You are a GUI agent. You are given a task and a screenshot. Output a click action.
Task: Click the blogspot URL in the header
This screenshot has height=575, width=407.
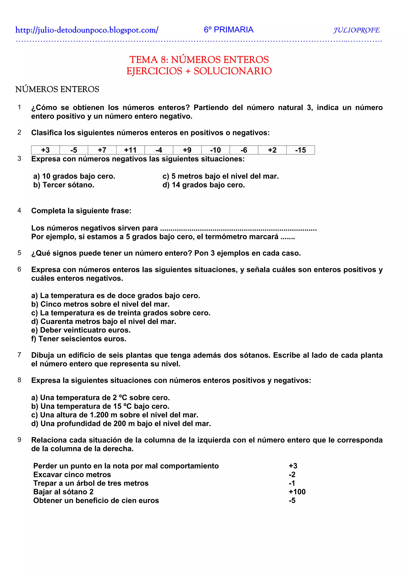[x=87, y=30]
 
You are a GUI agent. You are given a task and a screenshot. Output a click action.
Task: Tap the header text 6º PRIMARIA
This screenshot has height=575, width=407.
[x=229, y=30]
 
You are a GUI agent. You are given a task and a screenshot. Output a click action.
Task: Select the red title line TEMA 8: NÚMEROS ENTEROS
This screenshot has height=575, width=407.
[x=199, y=60]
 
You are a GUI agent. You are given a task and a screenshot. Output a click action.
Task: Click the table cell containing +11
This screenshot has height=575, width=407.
[x=130, y=150]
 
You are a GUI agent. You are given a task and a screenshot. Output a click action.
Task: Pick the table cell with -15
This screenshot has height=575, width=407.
[x=300, y=150]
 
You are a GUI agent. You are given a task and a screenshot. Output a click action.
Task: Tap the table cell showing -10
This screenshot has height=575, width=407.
[x=215, y=150]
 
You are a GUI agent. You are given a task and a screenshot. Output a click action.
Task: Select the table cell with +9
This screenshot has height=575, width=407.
[x=187, y=150]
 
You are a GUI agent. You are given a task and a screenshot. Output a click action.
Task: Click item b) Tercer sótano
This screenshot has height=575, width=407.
[x=64, y=185]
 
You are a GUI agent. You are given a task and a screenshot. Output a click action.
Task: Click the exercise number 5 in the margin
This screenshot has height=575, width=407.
[x=19, y=253]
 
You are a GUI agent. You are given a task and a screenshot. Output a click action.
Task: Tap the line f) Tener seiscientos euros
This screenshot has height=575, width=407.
[x=79, y=339]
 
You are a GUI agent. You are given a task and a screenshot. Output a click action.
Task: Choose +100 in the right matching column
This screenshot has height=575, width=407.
[x=297, y=492]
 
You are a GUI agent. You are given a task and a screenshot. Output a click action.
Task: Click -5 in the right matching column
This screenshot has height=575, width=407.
[x=292, y=501]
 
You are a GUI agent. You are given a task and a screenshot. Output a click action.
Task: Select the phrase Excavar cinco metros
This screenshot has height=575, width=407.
[x=72, y=475]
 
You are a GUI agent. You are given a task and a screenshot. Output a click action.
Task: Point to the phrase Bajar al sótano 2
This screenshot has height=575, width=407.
[x=63, y=492]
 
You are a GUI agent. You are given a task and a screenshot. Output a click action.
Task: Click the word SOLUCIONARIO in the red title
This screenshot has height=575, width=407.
[x=233, y=71]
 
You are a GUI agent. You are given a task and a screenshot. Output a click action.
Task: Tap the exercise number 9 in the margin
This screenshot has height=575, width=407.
[x=19, y=440]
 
